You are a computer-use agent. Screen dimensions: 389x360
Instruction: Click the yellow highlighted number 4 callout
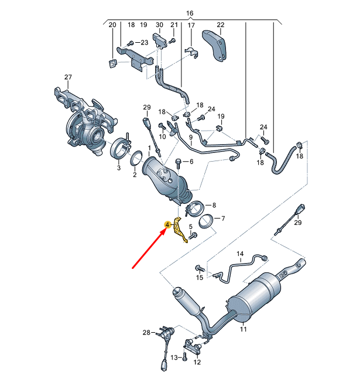[168, 224]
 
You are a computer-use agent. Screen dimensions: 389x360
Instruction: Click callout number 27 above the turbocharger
[68, 77]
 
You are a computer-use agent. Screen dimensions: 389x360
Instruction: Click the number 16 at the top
[189, 12]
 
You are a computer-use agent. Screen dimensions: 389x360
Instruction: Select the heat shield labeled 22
[215, 44]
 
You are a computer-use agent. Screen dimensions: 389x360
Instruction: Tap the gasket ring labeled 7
[204, 222]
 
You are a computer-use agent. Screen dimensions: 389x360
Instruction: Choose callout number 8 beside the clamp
[214, 205]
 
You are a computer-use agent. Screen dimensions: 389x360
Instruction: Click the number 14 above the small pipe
[239, 254]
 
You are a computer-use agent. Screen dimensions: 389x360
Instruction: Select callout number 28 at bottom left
[146, 332]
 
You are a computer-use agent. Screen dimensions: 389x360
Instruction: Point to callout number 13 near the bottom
[173, 357]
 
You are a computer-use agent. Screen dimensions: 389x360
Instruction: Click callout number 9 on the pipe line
[190, 137]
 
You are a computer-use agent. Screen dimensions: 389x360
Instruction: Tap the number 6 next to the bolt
[190, 161]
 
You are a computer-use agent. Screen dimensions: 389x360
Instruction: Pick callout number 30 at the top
[159, 25]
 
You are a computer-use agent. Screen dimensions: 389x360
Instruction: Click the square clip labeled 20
[112, 63]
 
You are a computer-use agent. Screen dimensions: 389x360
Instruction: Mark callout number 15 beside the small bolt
[200, 277]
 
